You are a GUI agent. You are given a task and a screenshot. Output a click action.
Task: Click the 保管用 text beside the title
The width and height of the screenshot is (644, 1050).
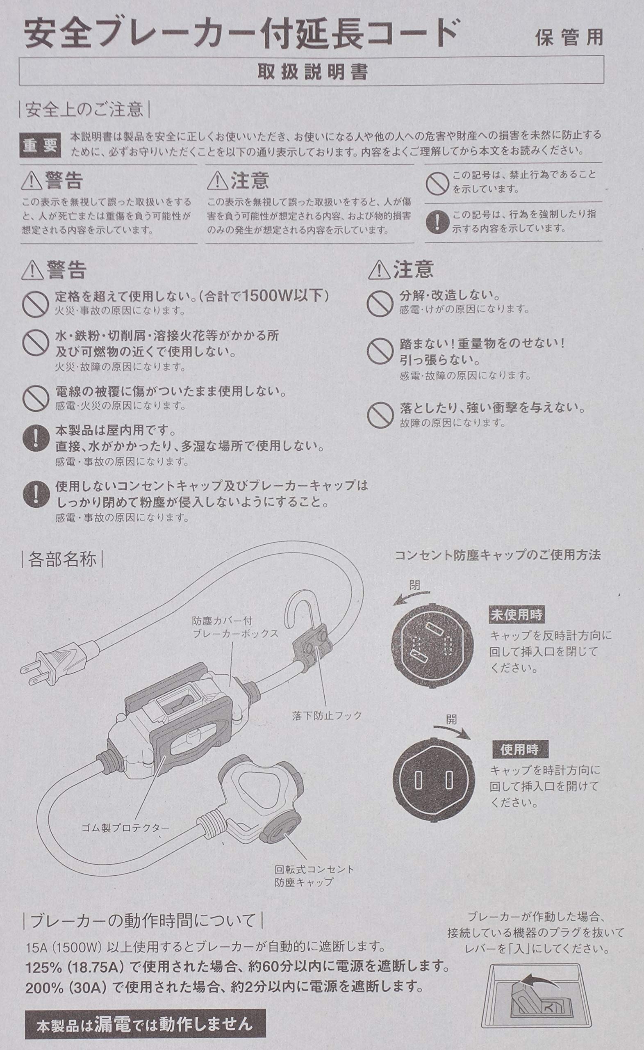(569, 38)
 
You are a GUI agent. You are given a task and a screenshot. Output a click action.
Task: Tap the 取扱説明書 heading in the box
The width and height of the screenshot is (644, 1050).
(312, 72)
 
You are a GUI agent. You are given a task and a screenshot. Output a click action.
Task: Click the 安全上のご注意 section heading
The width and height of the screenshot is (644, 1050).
(84, 110)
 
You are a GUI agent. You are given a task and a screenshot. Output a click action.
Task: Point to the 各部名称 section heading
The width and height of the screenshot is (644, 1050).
(62, 559)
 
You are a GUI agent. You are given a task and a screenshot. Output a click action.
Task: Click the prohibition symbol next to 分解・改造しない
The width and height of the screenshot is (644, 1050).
(380, 303)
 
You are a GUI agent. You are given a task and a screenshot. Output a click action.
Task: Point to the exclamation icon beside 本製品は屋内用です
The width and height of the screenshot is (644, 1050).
(36, 438)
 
